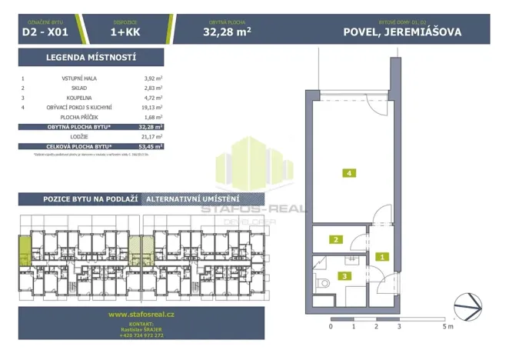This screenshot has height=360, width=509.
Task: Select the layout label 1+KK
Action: (123, 32)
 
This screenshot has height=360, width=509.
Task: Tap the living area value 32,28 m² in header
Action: (227, 32)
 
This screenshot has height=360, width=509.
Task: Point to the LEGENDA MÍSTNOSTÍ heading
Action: (91, 58)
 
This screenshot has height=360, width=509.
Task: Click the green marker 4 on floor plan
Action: (349, 174)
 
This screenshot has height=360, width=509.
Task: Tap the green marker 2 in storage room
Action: (335, 239)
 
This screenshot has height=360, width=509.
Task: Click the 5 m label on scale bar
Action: (448, 326)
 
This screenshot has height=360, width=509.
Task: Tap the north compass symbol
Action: (467, 303)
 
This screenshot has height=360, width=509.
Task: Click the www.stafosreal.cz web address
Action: (142, 314)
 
